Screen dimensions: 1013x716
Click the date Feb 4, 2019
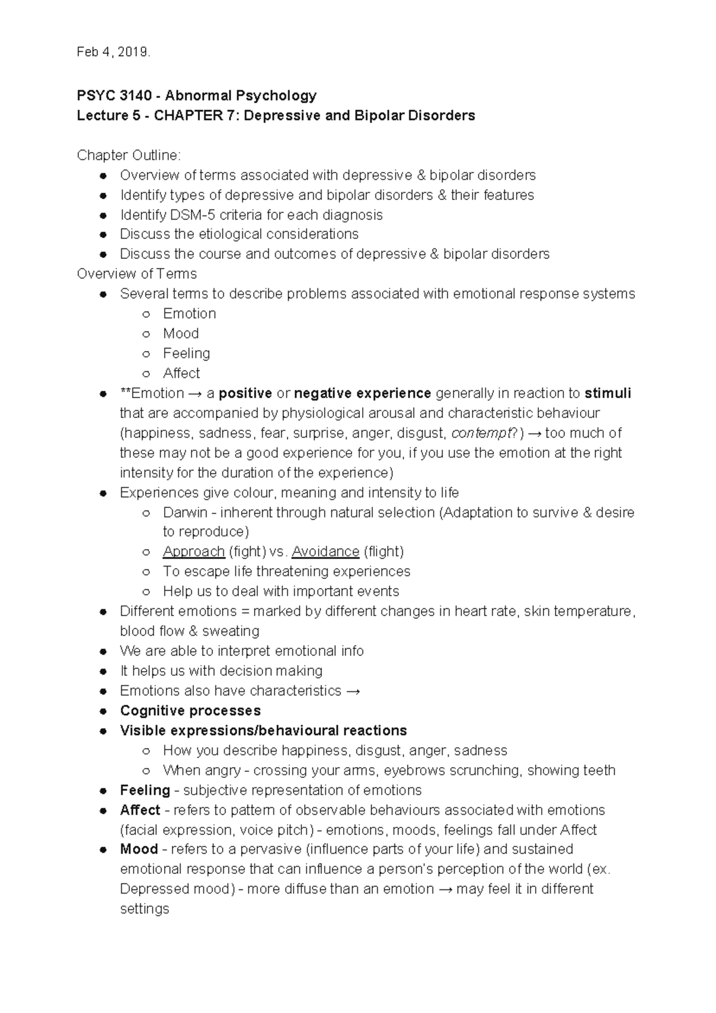[x=113, y=53]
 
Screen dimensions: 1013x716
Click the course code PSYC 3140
[x=114, y=96]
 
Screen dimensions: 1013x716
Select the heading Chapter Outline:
[x=128, y=155]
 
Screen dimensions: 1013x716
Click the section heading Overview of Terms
[x=137, y=274]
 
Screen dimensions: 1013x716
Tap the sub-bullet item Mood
[x=181, y=334]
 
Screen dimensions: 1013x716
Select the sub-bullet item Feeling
[x=186, y=353]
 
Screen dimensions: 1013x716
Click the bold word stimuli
[x=607, y=393]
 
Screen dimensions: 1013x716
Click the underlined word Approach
[x=193, y=552]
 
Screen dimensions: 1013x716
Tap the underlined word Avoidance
[x=325, y=552]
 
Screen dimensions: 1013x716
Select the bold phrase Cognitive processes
[x=190, y=711]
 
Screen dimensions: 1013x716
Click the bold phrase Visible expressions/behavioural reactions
[x=263, y=731]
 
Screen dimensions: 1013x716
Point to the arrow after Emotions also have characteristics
[x=353, y=691]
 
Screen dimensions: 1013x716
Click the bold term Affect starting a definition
[x=140, y=810]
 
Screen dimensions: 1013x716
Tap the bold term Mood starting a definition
[x=138, y=849]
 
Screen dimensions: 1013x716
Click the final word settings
[x=144, y=909]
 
